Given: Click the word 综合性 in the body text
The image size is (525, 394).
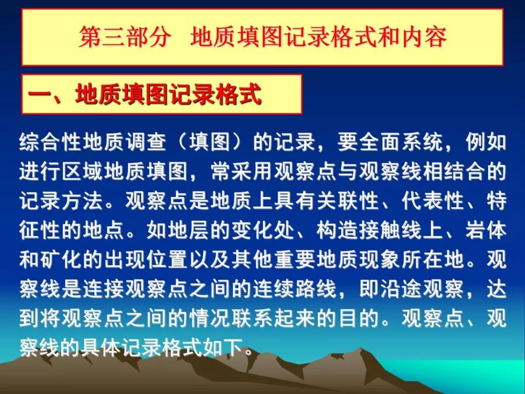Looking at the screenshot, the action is pyautogui.click(x=51, y=142).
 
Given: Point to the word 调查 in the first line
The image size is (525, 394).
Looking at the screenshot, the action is pyautogui.click(x=146, y=142).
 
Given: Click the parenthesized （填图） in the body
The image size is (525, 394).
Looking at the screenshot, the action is pyautogui.click(x=210, y=142).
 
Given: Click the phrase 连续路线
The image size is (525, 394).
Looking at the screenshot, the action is pyautogui.click(x=295, y=289).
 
